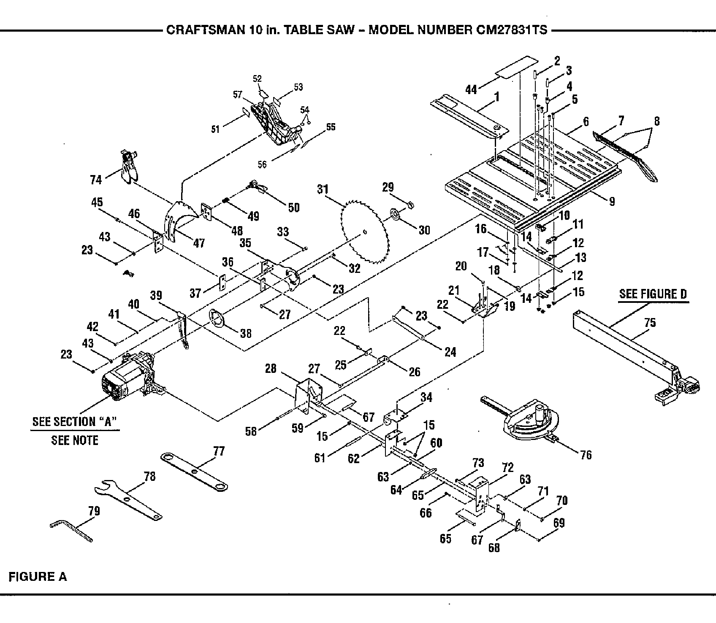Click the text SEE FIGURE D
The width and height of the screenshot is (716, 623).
653,294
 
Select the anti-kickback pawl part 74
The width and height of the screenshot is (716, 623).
128,167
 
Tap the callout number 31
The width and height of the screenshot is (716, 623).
323,189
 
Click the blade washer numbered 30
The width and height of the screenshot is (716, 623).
396,215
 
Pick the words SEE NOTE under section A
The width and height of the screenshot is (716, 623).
75,440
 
